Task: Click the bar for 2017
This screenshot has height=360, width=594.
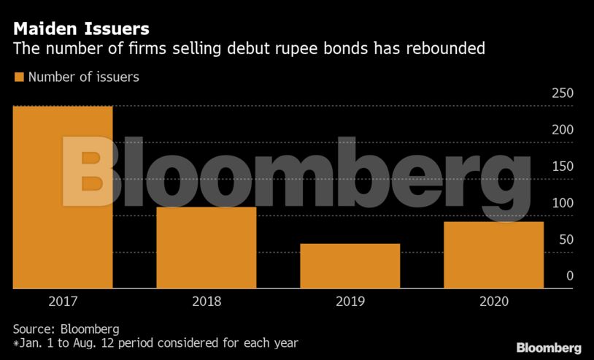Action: pos(63,197)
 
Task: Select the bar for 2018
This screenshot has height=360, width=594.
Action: pos(206,248)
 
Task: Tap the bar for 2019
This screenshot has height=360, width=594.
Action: pos(350,266)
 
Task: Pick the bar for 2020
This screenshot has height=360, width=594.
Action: pos(493,255)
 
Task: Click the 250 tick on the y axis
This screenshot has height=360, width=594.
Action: pos(563,93)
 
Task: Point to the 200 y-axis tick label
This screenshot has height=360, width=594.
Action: pos(563,130)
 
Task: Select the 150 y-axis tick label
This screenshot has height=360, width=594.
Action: pos(563,166)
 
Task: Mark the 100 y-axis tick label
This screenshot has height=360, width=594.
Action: pos(563,203)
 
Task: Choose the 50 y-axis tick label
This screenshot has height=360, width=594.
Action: pos(566,240)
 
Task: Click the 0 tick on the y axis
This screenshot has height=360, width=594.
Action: pos(569,276)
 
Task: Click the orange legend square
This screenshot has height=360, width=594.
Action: pos(18,77)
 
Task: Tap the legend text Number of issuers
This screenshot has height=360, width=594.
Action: pos(83,77)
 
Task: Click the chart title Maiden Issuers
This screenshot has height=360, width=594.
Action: pos(81,30)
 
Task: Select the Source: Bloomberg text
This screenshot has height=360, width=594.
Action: pos(66,329)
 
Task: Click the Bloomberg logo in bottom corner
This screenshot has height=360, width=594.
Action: pos(548,348)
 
